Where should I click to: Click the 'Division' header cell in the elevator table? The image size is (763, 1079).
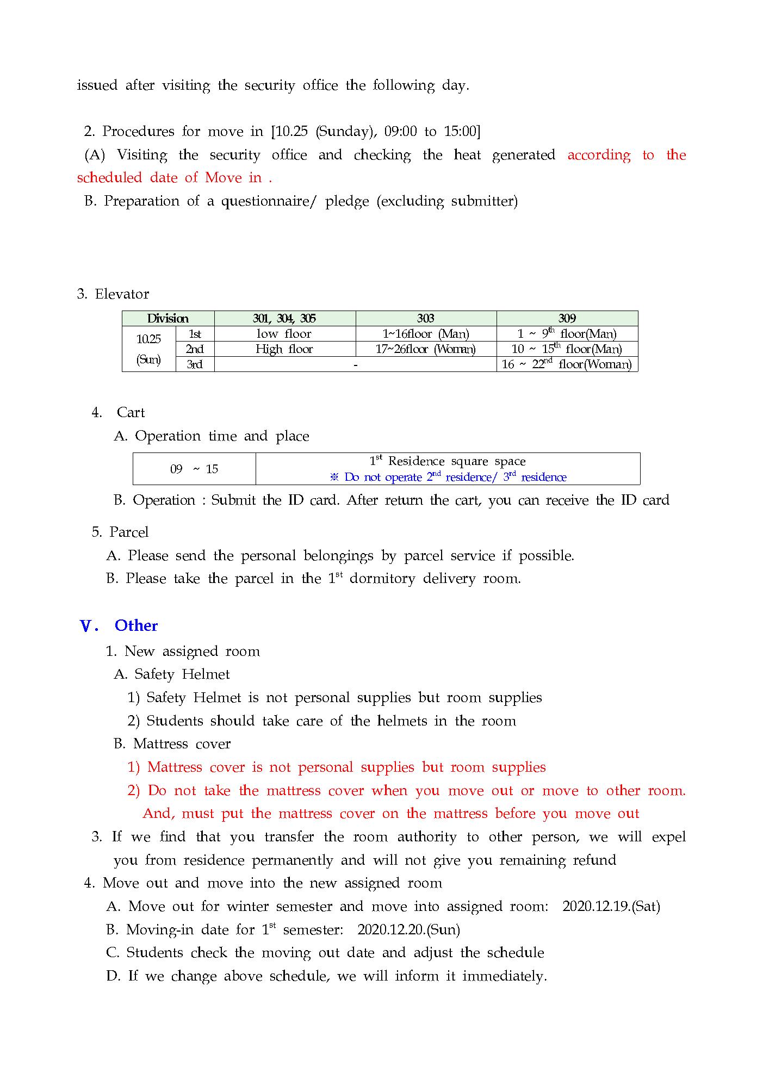168,319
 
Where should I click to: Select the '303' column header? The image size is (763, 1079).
426,319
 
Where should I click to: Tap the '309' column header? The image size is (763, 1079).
567,319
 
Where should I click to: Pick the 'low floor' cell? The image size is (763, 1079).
284,334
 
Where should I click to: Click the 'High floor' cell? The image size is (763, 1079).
284,349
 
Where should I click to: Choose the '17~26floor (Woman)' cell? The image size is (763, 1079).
426,349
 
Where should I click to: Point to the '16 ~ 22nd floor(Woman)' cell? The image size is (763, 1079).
567,364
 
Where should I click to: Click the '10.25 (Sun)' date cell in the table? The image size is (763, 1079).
148,349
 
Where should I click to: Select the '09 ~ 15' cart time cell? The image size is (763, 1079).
194,469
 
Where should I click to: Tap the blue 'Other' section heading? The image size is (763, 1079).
136,625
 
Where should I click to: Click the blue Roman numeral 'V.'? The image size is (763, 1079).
89,626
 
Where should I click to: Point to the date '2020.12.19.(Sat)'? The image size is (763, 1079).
611,907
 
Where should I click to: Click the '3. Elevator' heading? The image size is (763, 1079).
113,294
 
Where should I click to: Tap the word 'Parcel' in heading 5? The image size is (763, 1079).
129,532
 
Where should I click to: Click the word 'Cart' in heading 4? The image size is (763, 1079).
131,412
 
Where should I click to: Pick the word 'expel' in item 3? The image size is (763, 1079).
668,837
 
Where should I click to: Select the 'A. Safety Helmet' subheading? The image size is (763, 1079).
172,674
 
